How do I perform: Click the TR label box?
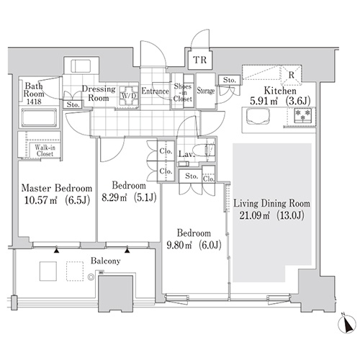pos(200,60)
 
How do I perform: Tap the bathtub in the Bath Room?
pos(39,117)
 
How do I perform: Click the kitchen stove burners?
pos(302,115)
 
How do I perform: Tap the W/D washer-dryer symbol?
pos(129,96)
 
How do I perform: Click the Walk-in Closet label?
pos(45,150)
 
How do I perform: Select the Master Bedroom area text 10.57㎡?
pos(41,199)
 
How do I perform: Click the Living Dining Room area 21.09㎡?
pos(255,215)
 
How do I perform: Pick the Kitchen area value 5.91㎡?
pos(264,102)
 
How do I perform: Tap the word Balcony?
pos(105,261)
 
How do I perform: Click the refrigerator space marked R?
pos(291,75)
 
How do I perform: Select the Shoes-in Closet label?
pos(183,92)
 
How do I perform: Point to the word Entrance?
pos(155,91)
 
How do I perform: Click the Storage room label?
pos(206,91)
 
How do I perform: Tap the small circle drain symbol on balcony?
pos(91,277)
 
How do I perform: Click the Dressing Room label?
pos(99,94)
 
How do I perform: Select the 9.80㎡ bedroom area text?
pos(179,246)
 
